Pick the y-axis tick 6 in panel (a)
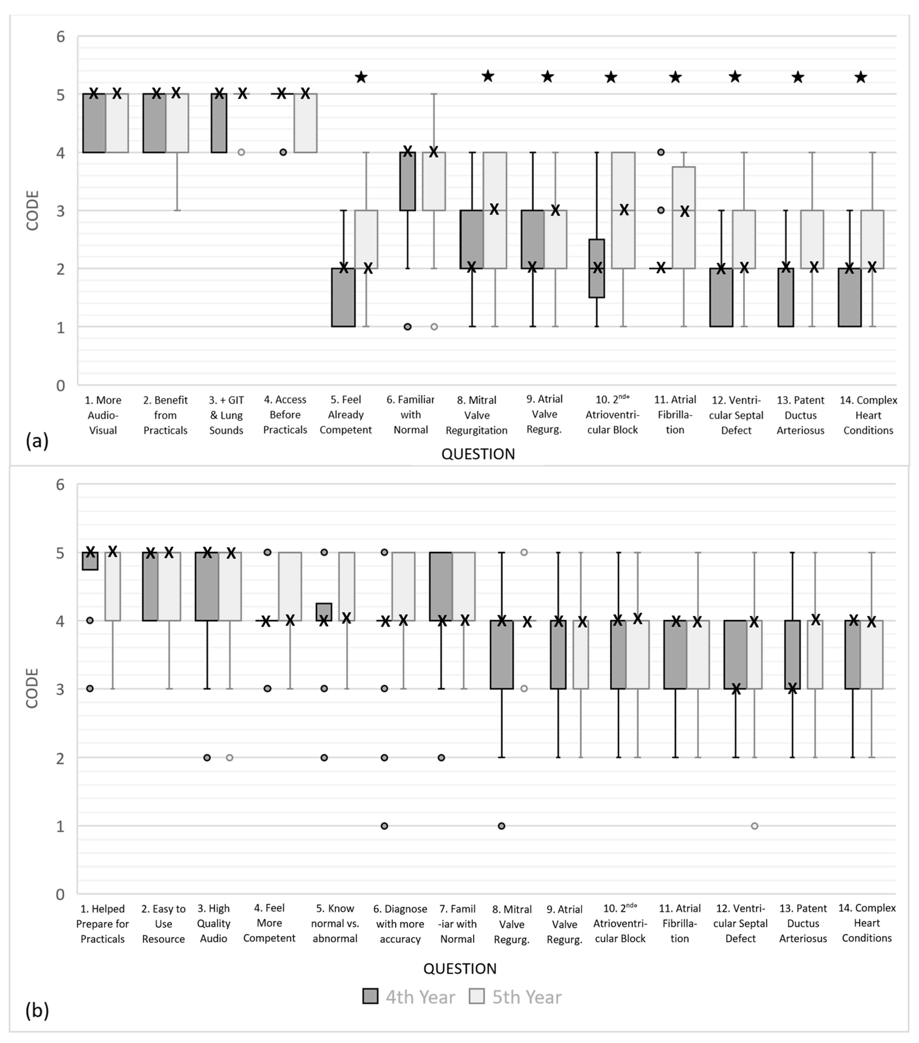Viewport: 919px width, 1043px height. tap(61, 37)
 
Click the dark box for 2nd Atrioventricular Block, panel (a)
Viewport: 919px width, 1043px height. tap(597, 268)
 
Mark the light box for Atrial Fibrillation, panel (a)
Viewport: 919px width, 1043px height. tap(683, 217)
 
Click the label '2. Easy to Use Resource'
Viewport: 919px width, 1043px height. tap(163, 924)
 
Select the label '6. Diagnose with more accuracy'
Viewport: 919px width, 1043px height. tap(400, 924)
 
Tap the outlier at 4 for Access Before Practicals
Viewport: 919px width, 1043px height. tap(283, 152)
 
